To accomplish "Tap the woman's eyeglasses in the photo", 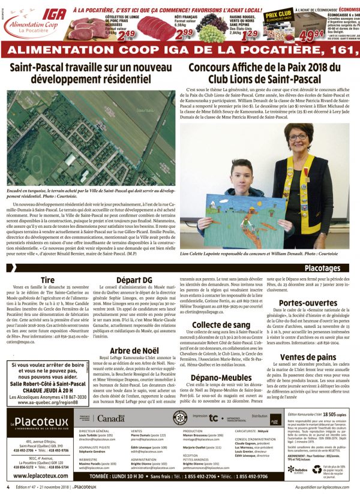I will (297, 137).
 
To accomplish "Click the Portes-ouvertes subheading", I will (307, 287).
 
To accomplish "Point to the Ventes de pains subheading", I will (307, 341).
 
